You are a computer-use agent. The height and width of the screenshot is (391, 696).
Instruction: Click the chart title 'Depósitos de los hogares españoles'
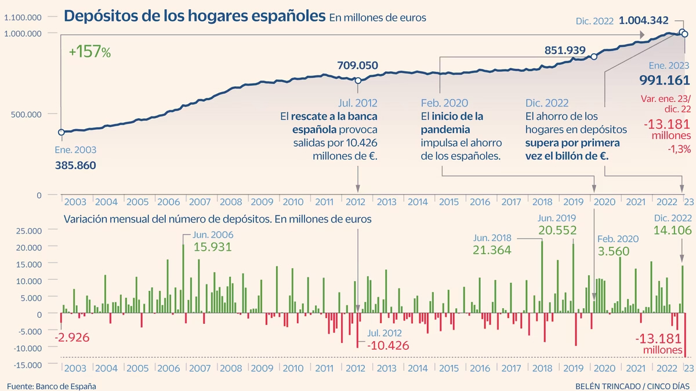tap(194, 16)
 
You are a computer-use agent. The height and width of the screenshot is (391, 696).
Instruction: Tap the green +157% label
tap(89, 52)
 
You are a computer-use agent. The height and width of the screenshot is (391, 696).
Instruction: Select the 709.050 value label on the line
tap(357, 65)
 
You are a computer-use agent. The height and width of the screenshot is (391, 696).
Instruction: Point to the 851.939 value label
tap(564, 50)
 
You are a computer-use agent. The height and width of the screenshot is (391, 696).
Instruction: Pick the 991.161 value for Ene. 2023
tap(664, 80)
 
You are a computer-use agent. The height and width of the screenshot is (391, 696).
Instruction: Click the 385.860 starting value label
tap(75, 165)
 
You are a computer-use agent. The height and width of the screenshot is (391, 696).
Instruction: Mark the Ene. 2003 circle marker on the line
tap(61, 132)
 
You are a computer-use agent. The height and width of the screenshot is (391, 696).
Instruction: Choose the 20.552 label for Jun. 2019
tap(557, 231)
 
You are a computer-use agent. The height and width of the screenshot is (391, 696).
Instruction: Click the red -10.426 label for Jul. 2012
tap(388, 346)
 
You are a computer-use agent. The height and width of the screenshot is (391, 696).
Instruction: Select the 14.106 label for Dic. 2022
tap(672, 231)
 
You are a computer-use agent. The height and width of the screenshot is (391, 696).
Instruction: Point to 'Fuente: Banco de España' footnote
tap(52, 386)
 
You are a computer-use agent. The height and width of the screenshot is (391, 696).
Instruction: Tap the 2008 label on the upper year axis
tap(231, 202)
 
